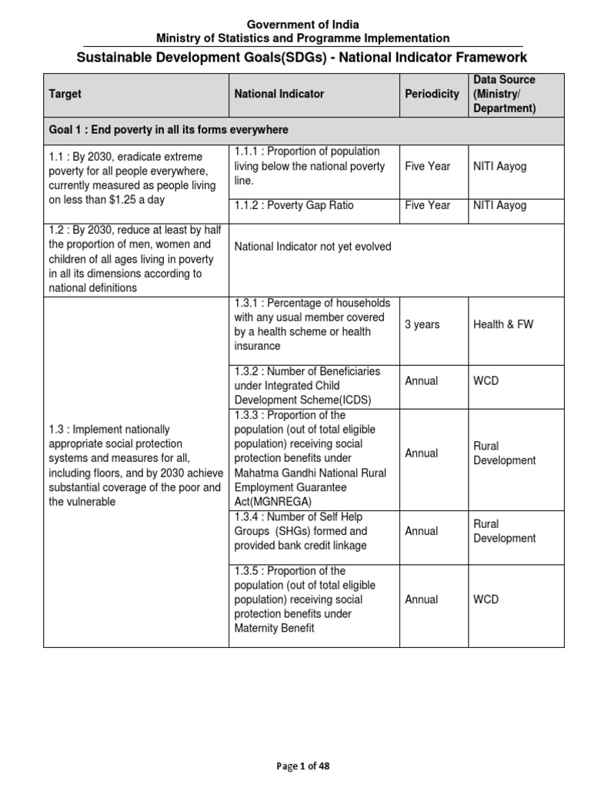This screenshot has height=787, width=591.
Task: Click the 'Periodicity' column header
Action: (x=432, y=94)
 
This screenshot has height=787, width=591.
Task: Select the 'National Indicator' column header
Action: (x=279, y=94)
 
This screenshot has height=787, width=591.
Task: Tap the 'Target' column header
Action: (x=65, y=94)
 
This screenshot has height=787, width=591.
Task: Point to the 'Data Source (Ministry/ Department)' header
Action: (x=504, y=94)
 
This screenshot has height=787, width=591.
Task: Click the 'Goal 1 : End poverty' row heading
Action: (x=169, y=130)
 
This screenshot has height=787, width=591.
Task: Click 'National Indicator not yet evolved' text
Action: (x=312, y=247)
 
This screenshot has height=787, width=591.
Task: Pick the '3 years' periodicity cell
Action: (x=422, y=324)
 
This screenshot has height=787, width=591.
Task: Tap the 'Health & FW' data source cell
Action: (x=503, y=324)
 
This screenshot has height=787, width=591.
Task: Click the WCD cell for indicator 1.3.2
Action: (x=486, y=380)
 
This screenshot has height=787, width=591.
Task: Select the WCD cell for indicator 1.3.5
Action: (x=486, y=599)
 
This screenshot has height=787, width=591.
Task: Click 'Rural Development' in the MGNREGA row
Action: (x=504, y=453)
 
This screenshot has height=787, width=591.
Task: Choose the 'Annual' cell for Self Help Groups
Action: (x=422, y=531)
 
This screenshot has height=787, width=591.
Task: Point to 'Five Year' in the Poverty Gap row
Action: (x=427, y=205)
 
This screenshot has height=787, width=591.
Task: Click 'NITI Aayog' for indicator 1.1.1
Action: (x=499, y=166)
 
